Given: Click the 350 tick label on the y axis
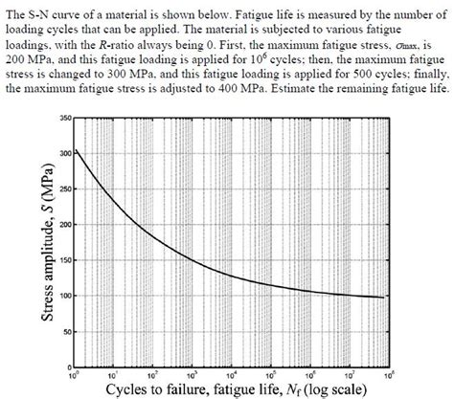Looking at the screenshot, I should click(x=64, y=118).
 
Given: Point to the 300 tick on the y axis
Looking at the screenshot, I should click(x=64, y=153).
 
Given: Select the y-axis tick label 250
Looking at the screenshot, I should click(x=64, y=188).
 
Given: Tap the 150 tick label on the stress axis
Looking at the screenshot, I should click(x=64, y=260).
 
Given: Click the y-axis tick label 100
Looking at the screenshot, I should click(x=64, y=296).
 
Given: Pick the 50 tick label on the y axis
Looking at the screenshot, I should click(x=66, y=331).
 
